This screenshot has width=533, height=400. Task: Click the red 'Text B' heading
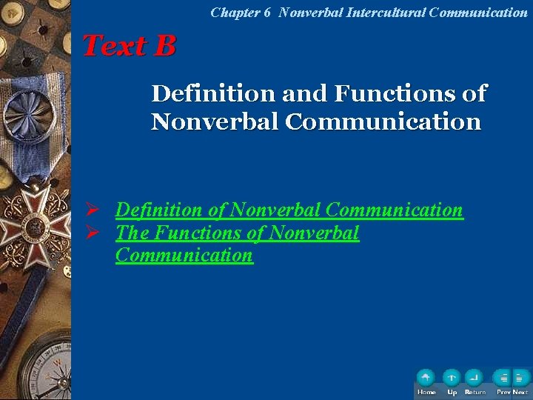pos(130,46)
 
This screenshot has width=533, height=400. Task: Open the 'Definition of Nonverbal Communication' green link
pos(289,210)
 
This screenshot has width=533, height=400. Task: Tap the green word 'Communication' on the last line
pos(184,256)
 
